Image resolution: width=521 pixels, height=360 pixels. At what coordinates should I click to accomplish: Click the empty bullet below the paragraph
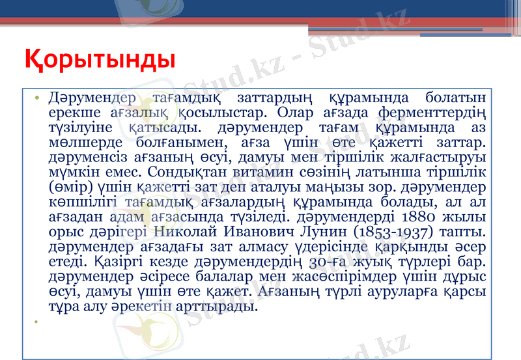pos(38,322)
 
